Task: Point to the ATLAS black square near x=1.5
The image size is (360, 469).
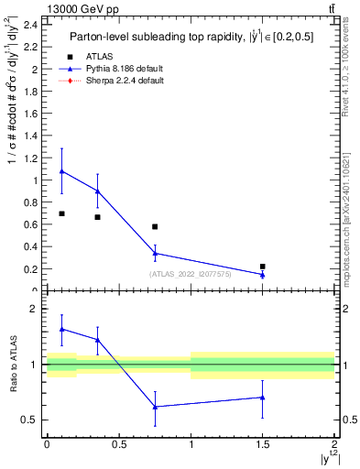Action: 263,267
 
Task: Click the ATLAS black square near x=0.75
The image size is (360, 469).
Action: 155,226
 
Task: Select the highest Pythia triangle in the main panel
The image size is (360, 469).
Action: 61,171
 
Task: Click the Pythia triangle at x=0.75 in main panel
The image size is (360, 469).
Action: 155,254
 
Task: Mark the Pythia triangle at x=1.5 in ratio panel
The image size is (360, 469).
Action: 263,398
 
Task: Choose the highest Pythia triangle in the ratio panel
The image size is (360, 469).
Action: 61,329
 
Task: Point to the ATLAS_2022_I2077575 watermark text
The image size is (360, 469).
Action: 191,274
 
